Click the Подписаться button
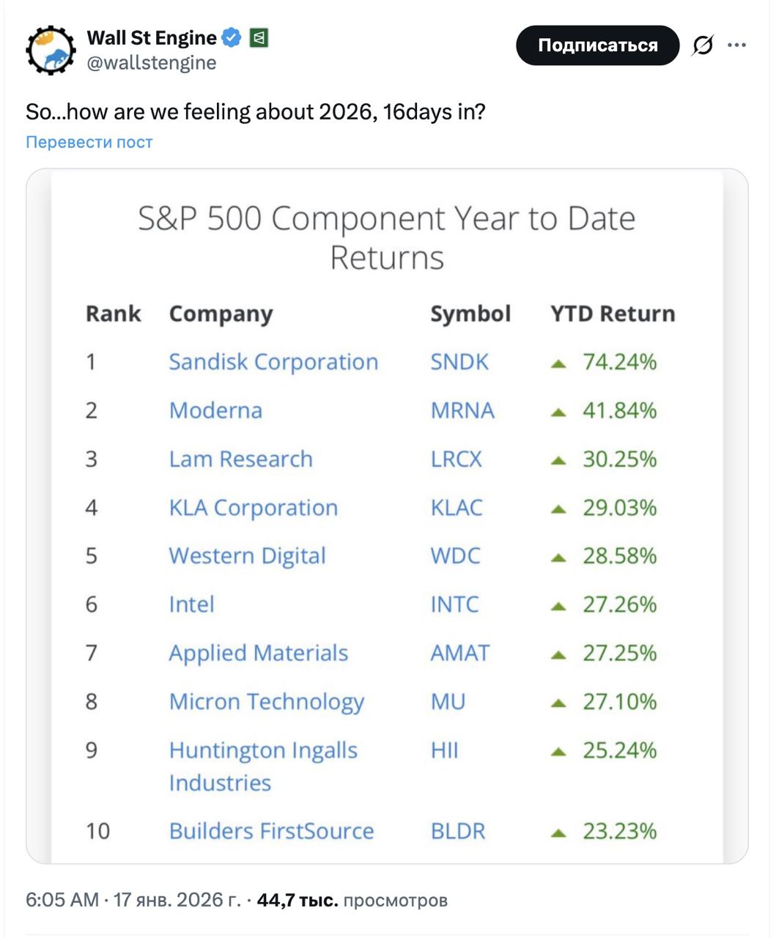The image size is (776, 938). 597,45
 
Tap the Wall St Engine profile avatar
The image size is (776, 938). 51,51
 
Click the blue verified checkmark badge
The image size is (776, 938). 231,37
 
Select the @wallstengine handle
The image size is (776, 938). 152,63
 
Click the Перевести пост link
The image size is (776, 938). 89,141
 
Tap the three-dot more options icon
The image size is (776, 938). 736,45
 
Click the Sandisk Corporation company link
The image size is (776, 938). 273,362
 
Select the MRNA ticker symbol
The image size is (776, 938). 462,410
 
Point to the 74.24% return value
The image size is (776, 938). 619,362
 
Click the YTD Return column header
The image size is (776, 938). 613,314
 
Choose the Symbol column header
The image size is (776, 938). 470,314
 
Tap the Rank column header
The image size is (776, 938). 114,314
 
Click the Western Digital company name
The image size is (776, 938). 247,556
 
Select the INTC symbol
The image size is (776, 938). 454,605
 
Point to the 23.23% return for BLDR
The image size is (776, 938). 619,831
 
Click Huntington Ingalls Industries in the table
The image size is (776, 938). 263,766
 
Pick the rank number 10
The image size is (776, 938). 97,831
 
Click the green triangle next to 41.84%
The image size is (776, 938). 558,413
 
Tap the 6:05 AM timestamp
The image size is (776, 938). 62,900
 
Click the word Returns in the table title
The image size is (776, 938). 387,258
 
